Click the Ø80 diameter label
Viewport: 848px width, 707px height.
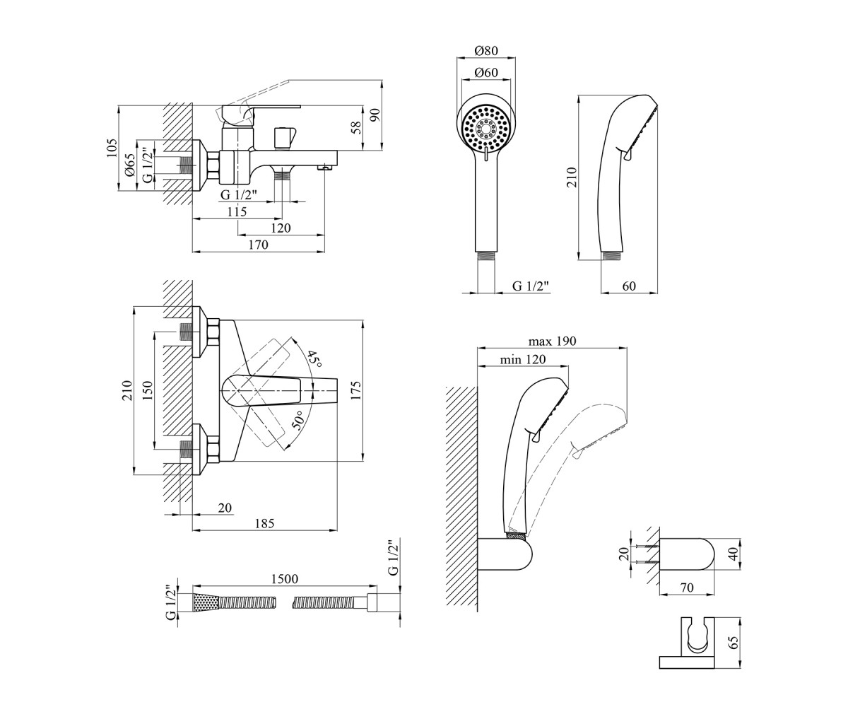pyautogui.click(x=485, y=51)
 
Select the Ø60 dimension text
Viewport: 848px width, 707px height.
pyautogui.click(x=485, y=73)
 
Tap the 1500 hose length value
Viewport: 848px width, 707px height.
pyautogui.click(x=285, y=578)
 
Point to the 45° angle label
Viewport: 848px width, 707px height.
pyautogui.click(x=314, y=359)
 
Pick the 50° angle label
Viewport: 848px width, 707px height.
pyautogui.click(x=298, y=421)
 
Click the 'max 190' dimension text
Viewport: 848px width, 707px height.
pyautogui.click(x=552, y=341)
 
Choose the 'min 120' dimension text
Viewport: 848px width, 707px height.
pyautogui.click(x=523, y=359)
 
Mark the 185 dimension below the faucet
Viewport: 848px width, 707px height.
pyautogui.click(x=264, y=523)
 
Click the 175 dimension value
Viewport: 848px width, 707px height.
pyautogui.click(x=355, y=390)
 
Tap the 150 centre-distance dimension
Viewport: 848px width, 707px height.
pyautogui.click(x=148, y=390)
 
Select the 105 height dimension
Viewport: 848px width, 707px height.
pyautogui.click(x=112, y=148)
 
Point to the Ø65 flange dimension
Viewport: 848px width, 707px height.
pyautogui.click(x=130, y=165)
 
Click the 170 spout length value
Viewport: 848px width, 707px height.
pyautogui.click(x=259, y=245)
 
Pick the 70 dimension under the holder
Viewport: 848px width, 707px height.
pyautogui.click(x=686, y=588)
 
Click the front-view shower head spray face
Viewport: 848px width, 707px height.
pyautogui.click(x=486, y=129)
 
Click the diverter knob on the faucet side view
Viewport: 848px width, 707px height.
pyautogui.click(x=284, y=138)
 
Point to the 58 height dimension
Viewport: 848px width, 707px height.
pyautogui.click(x=356, y=128)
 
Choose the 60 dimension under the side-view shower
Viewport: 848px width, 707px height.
pyautogui.click(x=629, y=286)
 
